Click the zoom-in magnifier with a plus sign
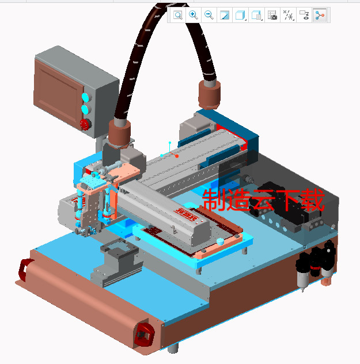click(x=194, y=15)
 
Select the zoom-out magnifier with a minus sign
click(x=209, y=15)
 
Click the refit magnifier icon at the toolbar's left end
click(x=178, y=15)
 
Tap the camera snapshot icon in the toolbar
click(x=273, y=16)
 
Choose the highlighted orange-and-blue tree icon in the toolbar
click(x=320, y=16)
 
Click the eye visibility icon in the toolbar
click(x=305, y=16)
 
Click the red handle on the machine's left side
click(x=25, y=270)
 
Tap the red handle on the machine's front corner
click(x=145, y=335)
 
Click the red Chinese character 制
click(x=214, y=201)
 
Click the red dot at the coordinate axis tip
click(x=177, y=156)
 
